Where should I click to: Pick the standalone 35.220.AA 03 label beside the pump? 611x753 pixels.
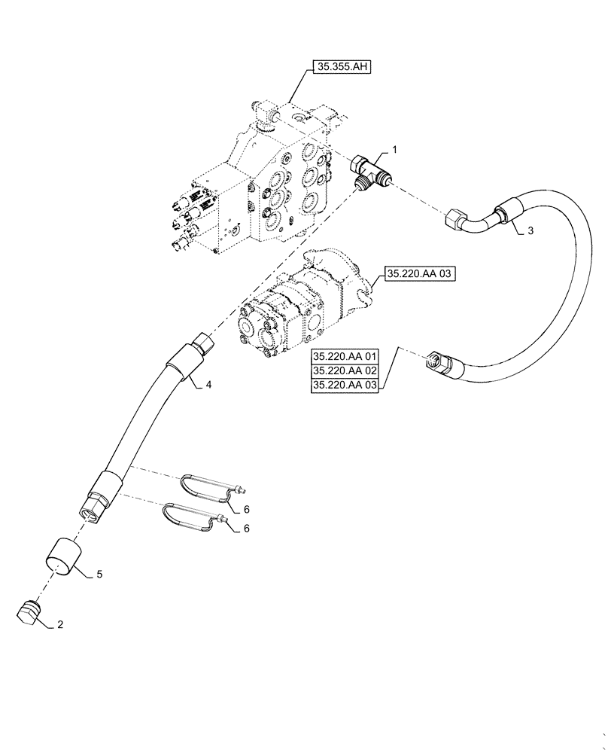(x=420, y=275)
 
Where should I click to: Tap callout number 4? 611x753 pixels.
(x=208, y=386)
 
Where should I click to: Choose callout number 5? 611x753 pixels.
(x=99, y=575)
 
